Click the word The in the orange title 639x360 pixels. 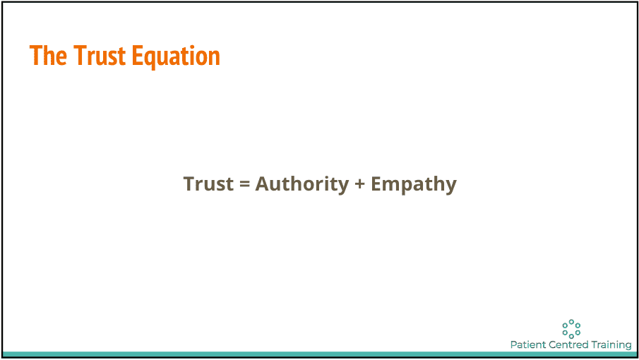pos(48,55)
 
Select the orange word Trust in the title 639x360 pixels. pos(100,55)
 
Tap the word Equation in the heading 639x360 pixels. pos(176,57)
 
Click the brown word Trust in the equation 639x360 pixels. pos(209,184)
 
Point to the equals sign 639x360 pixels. pos(244,184)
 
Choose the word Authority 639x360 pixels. pos(302,184)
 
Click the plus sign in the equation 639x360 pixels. pos(359,184)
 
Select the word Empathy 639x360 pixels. pos(414,184)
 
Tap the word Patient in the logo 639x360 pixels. pos(527,344)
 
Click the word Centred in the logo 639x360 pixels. pos(568,344)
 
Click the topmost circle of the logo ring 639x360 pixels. pos(571,322)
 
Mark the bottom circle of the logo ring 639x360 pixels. pos(571,337)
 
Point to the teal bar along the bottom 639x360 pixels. pos(319,354)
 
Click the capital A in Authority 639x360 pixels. pos(263,184)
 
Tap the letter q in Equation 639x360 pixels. pos(150,60)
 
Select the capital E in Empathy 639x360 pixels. pos(376,184)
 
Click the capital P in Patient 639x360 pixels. pos(514,345)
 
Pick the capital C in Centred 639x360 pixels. pos(553,345)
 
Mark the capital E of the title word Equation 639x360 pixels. pos(137,56)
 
